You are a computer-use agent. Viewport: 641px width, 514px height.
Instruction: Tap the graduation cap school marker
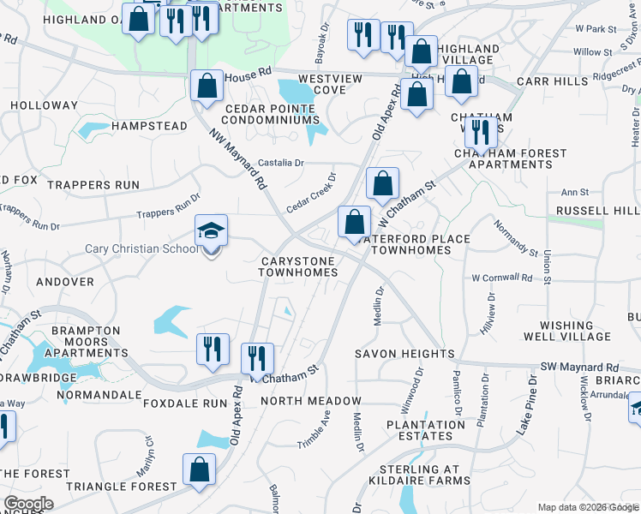tap(211, 231)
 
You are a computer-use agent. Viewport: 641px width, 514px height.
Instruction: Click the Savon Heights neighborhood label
tap(405, 354)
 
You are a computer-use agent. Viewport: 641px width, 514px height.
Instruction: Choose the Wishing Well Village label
tap(575, 332)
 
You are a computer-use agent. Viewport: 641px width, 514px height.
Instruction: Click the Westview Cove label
tap(329, 84)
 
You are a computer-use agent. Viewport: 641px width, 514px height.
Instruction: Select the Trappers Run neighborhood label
tap(93, 185)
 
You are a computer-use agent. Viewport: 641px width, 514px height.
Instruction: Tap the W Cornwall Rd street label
tap(501, 278)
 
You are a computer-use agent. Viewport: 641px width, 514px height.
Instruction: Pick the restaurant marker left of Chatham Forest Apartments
tap(479, 132)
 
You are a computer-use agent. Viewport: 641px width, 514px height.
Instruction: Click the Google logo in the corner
tap(28, 504)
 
